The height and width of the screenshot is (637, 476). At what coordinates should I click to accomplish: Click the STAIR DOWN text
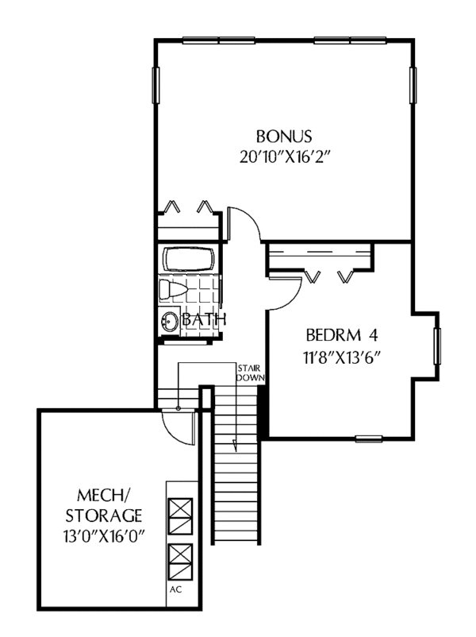pyautogui.click(x=249, y=373)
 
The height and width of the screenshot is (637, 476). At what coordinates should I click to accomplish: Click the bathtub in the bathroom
pyautogui.click(x=190, y=261)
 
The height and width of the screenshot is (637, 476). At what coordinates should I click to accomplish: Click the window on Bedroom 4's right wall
pyautogui.click(x=436, y=343)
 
